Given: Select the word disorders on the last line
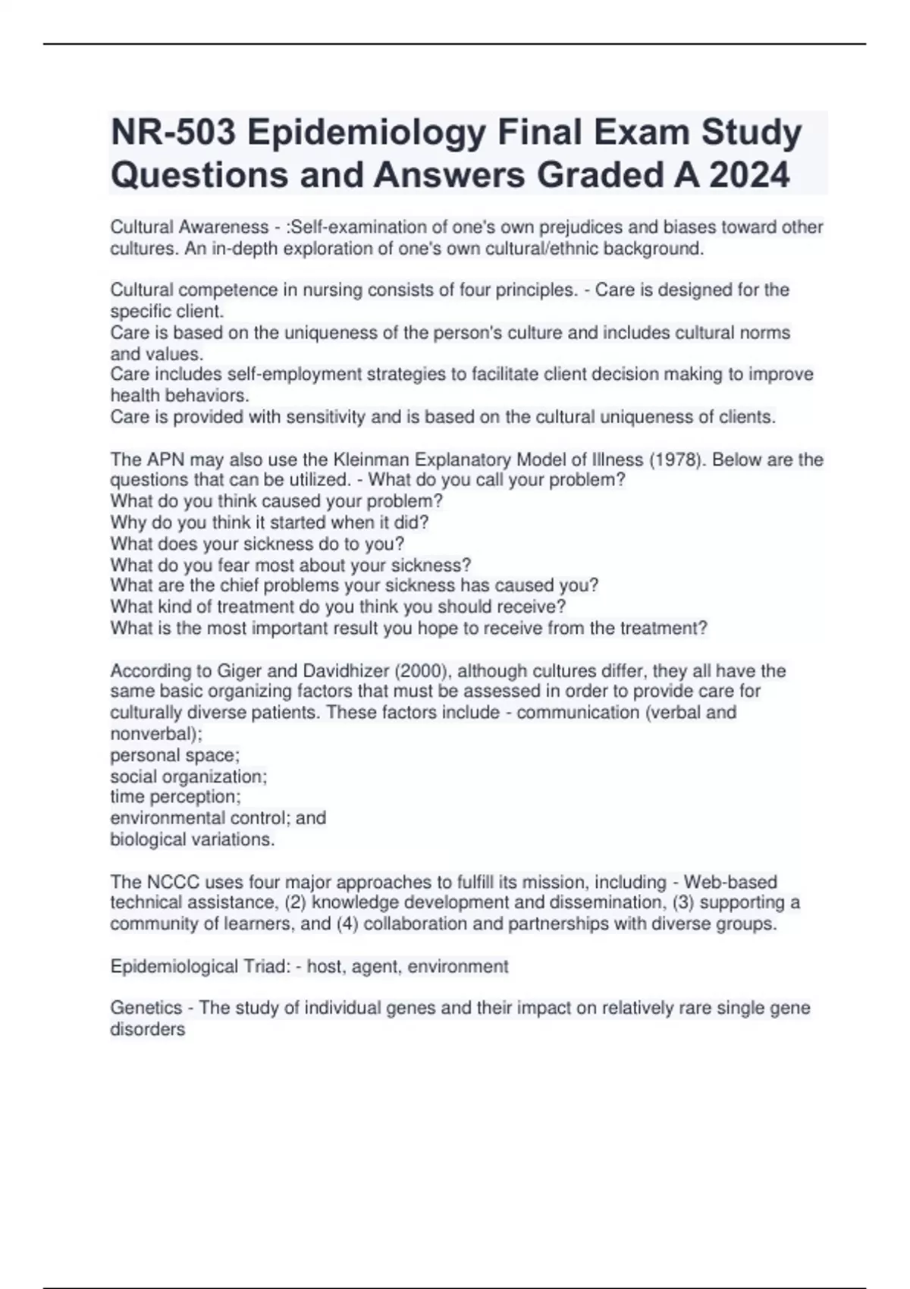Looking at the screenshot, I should [147, 1030].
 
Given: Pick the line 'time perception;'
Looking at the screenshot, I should [175, 797].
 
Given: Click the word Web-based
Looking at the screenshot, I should [730, 882].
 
